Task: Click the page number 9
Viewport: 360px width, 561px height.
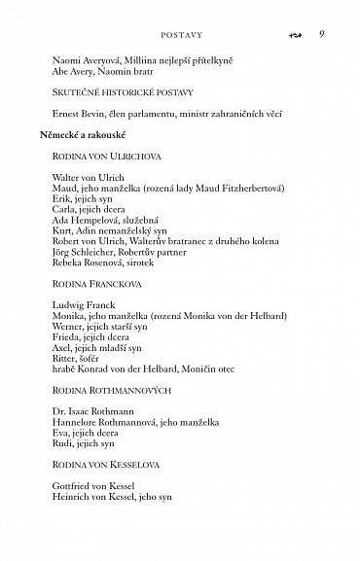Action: click(321, 35)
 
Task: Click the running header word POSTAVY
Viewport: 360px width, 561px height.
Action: click(172, 36)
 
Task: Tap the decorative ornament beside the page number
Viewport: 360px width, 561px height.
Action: click(297, 36)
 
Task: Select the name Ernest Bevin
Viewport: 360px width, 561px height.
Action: click(78, 117)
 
